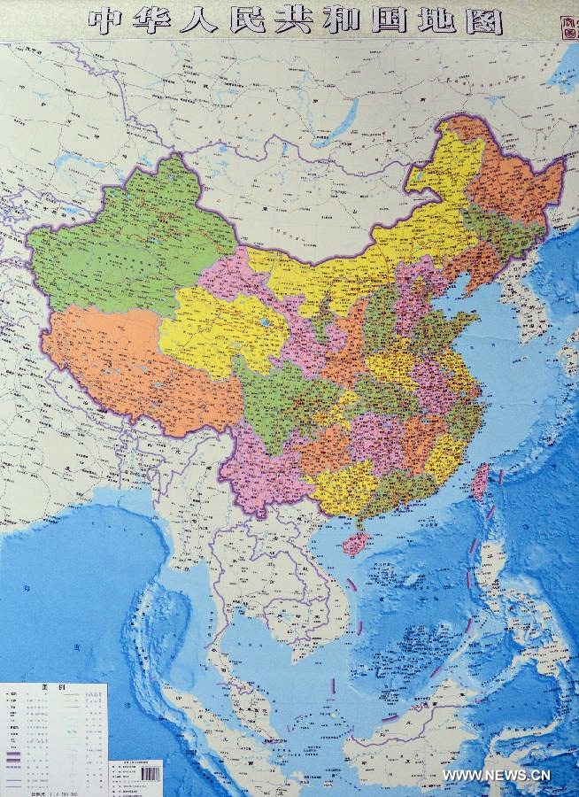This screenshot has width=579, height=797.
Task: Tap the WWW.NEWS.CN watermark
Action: click(x=497, y=776)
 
